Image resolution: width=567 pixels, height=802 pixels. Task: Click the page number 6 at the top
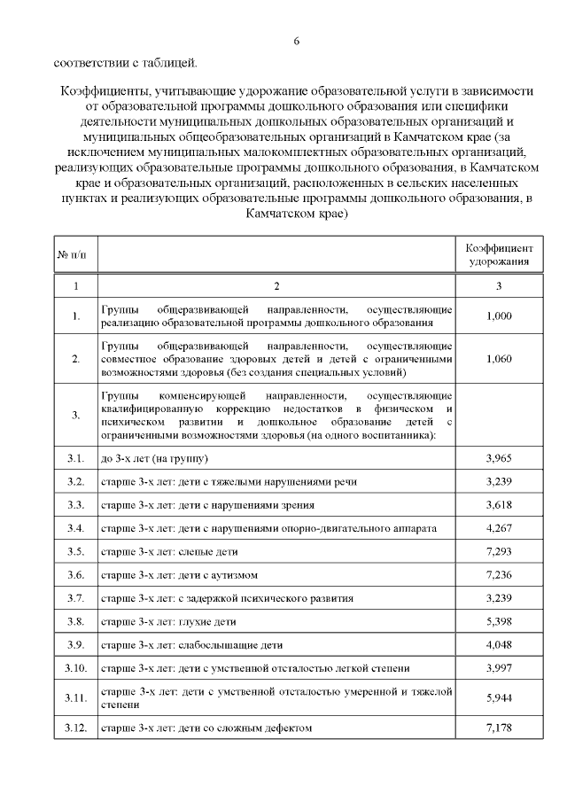pos(296,41)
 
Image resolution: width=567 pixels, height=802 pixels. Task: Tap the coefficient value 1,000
pos(499,315)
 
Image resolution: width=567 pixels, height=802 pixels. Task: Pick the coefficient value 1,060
pos(499,359)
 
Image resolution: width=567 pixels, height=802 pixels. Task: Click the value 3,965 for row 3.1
pos(499,458)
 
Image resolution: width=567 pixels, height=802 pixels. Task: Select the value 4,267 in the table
pos(499,528)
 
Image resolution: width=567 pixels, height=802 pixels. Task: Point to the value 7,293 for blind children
pos(499,551)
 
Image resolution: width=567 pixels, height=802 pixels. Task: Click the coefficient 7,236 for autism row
pos(499,574)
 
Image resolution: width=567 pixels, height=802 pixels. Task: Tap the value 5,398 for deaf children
pos(499,621)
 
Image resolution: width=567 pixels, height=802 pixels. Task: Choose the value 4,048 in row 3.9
pos(499,644)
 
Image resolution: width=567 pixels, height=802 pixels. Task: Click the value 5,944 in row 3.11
pos(499,697)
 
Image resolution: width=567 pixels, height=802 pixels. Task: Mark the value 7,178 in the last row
pos(499,728)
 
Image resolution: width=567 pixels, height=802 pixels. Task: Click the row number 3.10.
pos(75,667)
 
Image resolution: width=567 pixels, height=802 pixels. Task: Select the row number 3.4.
pos(75,528)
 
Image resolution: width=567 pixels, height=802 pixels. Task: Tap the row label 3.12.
pos(75,728)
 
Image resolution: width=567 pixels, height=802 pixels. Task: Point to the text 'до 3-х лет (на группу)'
pos(155,458)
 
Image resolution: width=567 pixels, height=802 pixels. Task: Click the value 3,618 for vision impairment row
pos(499,505)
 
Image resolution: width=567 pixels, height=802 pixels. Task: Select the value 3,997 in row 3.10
pos(499,667)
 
